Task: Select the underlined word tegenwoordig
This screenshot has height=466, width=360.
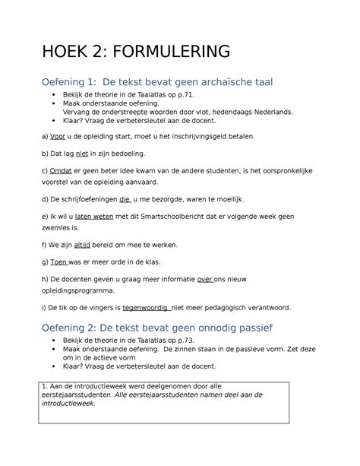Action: [148, 308]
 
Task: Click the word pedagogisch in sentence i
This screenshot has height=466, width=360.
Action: [222, 308]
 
